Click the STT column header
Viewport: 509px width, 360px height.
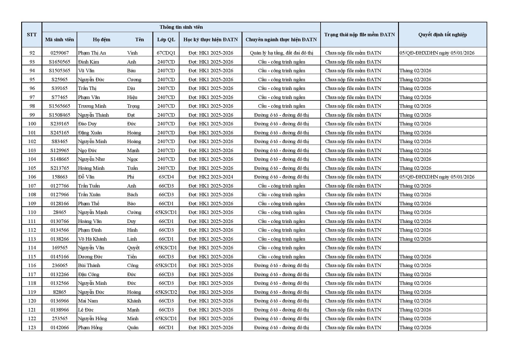tap(32, 35)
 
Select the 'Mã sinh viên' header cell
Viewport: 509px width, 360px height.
tap(60, 39)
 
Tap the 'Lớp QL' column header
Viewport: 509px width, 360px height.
tap(166, 39)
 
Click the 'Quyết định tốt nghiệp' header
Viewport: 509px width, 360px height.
tap(442, 35)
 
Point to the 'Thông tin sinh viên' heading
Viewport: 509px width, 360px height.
tap(181, 27)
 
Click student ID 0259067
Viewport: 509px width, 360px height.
tap(60, 53)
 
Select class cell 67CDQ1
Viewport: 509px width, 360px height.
tap(166, 53)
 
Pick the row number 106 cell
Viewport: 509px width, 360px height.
tap(32, 177)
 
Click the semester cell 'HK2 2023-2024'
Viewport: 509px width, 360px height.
tap(211, 177)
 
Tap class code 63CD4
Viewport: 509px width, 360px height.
tap(166, 177)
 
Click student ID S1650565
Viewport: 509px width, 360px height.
tap(60, 62)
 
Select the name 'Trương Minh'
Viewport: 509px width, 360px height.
tap(92, 106)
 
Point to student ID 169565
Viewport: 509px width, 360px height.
tap(60, 248)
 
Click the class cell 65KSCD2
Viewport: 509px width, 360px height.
tap(166, 292)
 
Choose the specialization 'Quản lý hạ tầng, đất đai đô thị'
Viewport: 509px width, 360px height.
tap(281, 53)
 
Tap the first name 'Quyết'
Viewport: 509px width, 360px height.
tap(133, 248)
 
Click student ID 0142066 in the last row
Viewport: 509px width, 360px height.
tap(60, 327)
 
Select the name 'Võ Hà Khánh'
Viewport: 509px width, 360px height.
tap(92, 239)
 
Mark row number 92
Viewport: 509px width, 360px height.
tap(32, 53)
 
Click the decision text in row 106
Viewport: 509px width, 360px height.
tap(437, 177)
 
